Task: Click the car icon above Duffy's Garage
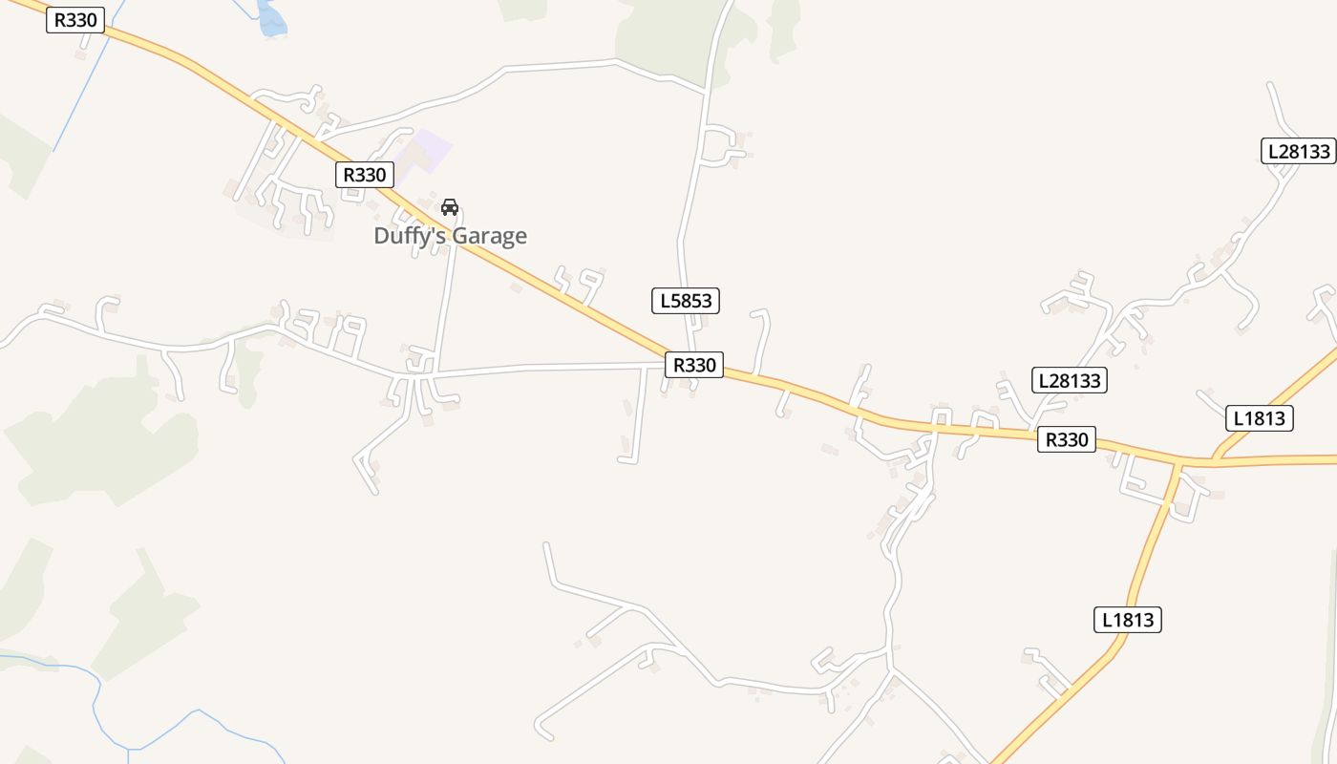[x=450, y=206]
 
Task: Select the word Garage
[x=492, y=236]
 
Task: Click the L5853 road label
[x=686, y=301]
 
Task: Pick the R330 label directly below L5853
[x=694, y=364]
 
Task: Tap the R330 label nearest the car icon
[x=364, y=174]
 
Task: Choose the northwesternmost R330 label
[x=74, y=20]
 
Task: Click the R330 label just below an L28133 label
[x=1067, y=439]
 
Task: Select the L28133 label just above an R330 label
[x=1070, y=380]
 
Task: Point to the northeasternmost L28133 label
[x=1299, y=151]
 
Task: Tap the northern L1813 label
[x=1259, y=417]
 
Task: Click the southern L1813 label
[x=1127, y=620]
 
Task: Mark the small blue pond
[x=271, y=19]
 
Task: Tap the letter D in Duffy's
[x=382, y=236]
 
